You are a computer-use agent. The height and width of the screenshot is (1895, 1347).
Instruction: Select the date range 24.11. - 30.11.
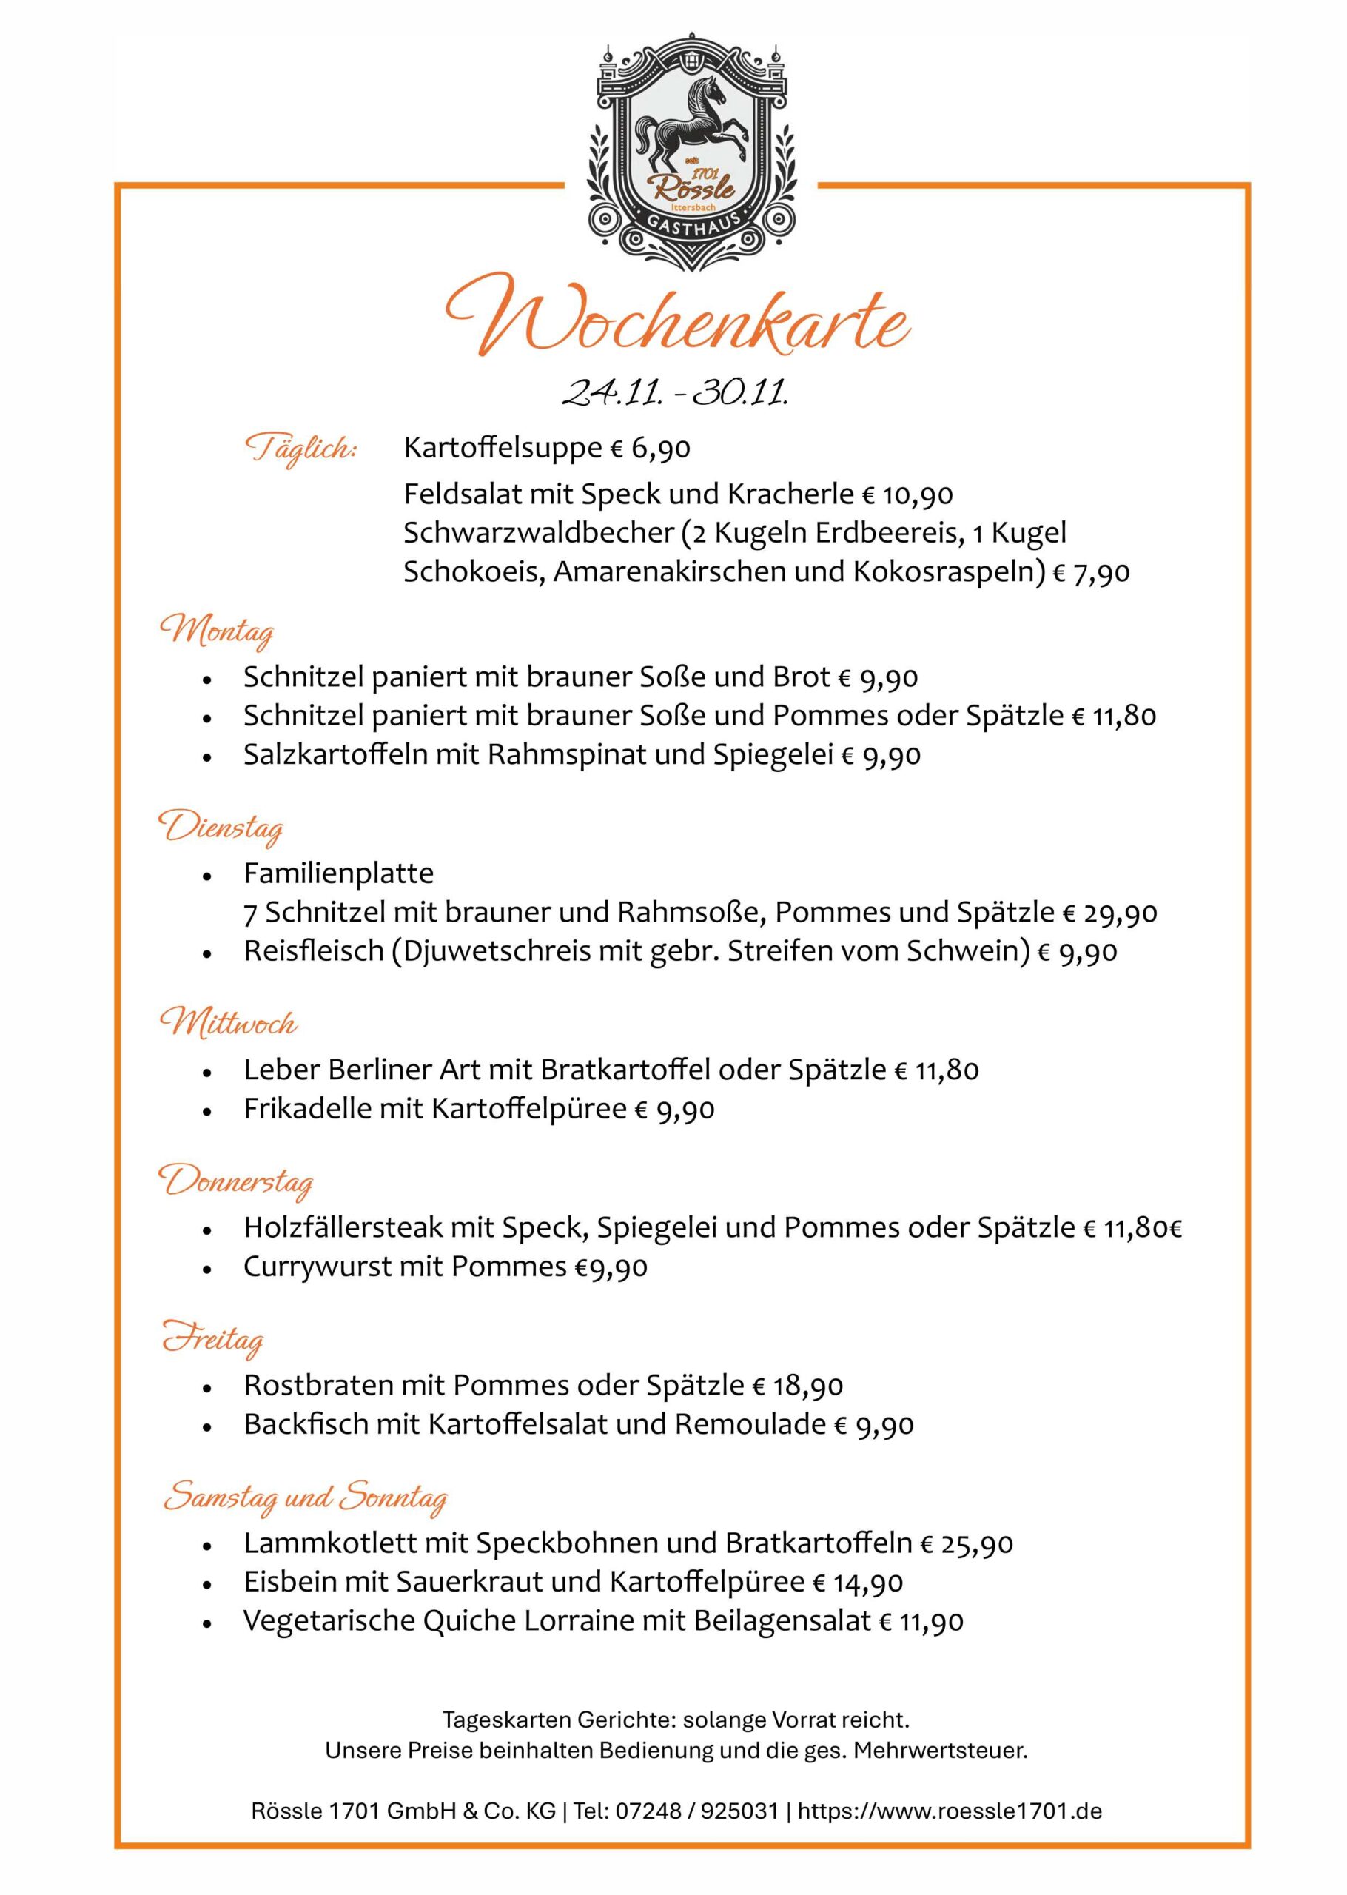tap(674, 392)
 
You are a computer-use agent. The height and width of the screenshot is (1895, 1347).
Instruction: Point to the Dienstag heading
tap(221, 828)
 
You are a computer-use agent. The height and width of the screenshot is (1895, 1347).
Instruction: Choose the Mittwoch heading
tap(228, 1024)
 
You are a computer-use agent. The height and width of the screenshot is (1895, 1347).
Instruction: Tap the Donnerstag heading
tap(235, 1181)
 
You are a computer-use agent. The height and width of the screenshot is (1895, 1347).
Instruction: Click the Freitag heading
tap(212, 1338)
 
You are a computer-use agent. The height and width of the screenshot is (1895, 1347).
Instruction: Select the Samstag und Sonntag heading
tap(304, 1496)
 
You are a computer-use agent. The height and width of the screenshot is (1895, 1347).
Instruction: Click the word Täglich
tap(300, 449)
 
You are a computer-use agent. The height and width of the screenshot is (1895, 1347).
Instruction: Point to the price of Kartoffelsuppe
tap(651, 449)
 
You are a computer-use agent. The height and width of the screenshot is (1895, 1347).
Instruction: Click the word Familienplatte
tap(338, 873)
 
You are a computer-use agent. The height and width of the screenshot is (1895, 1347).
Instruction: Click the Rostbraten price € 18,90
tap(797, 1386)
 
